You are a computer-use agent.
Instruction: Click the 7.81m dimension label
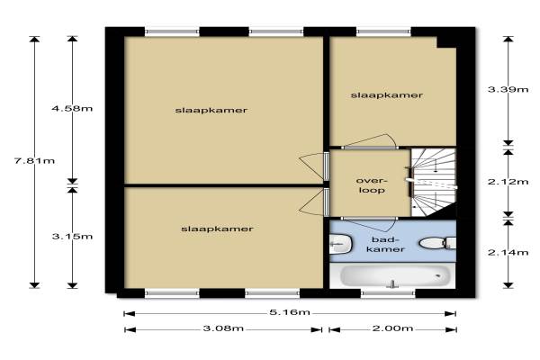click(35, 161)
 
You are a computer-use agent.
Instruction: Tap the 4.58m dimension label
click(72, 109)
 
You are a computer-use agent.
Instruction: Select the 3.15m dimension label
click(72, 237)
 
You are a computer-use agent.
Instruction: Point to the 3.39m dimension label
click(508, 90)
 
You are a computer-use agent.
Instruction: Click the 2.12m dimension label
click(508, 182)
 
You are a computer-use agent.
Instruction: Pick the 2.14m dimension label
click(508, 253)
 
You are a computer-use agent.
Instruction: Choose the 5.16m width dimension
click(290, 312)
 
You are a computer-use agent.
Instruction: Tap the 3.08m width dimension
click(223, 328)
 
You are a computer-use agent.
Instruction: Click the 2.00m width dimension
click(392, 328)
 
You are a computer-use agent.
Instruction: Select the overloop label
click(372, 185)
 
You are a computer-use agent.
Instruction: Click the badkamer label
click(385, 244)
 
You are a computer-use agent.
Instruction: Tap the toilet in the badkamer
click(437, 243)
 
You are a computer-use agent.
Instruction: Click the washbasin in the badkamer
click(340, 244)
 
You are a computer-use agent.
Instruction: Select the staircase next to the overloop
click(434, 183)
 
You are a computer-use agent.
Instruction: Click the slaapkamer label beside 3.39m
click(387, 95)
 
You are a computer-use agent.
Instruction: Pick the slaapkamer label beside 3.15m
click(217, 229)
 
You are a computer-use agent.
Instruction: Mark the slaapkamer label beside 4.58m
click(211, 110)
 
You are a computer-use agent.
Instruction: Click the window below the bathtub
click(388, 293)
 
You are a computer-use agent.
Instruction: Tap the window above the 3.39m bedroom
click(383, 32)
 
